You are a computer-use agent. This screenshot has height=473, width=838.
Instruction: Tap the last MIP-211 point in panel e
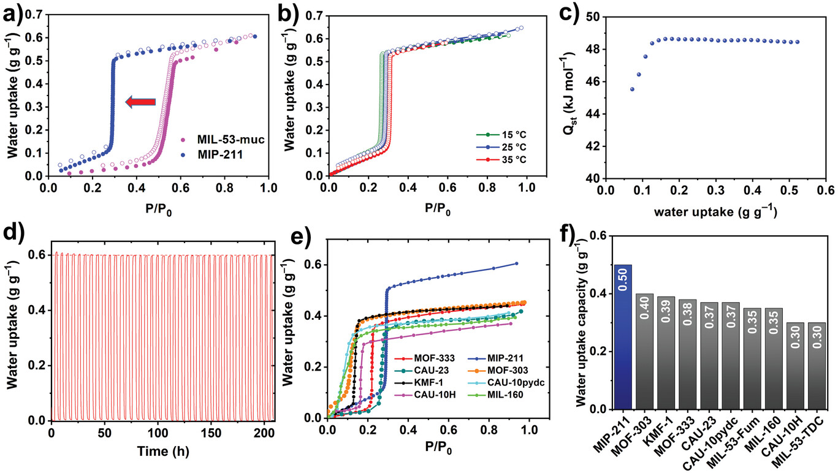pyautogui.click(x=516, y=263)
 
